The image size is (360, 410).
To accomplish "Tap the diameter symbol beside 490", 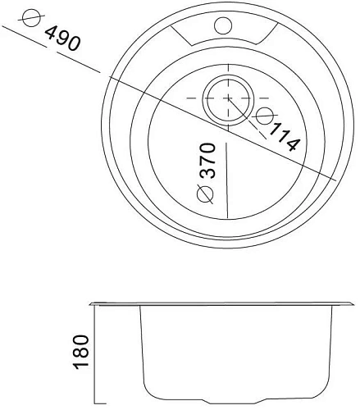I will click(x=31, y=17).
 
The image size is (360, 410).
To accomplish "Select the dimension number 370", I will click(x=206, y=161).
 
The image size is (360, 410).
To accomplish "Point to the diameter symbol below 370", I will click(x=205, y=194).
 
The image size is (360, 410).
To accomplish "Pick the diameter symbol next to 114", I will click(x=266, y=116).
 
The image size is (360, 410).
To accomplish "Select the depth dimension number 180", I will click(x=80, y=352).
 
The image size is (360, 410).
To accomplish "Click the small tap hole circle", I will click(x=222, y=25).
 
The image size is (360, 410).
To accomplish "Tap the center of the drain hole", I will click(x=225, y=98).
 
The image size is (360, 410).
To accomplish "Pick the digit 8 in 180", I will click(x=80, y=352).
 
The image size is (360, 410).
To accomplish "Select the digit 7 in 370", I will click(x=206, y=161).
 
